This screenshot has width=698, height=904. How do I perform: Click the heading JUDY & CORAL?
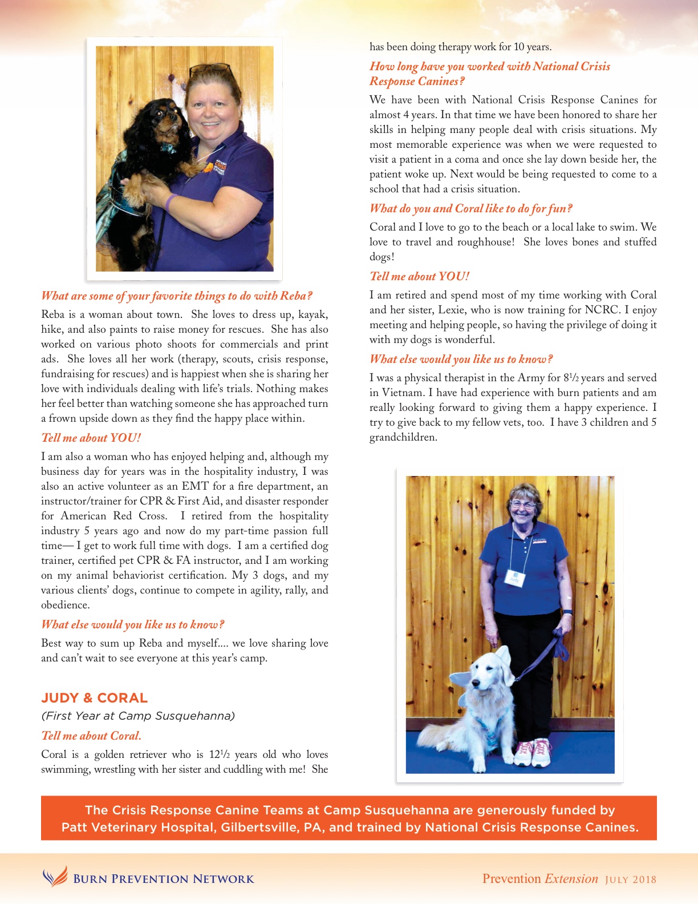94,698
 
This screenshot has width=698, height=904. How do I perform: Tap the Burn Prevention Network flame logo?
55,877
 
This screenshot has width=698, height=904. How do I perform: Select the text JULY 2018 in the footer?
631,879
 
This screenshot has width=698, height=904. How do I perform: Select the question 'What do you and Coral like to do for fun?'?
470,208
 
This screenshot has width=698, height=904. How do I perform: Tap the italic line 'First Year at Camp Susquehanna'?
138,716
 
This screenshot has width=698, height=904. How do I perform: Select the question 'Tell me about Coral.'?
91,736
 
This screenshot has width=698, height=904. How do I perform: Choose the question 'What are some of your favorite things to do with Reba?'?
177,296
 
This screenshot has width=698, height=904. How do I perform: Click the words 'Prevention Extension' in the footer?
540,879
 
